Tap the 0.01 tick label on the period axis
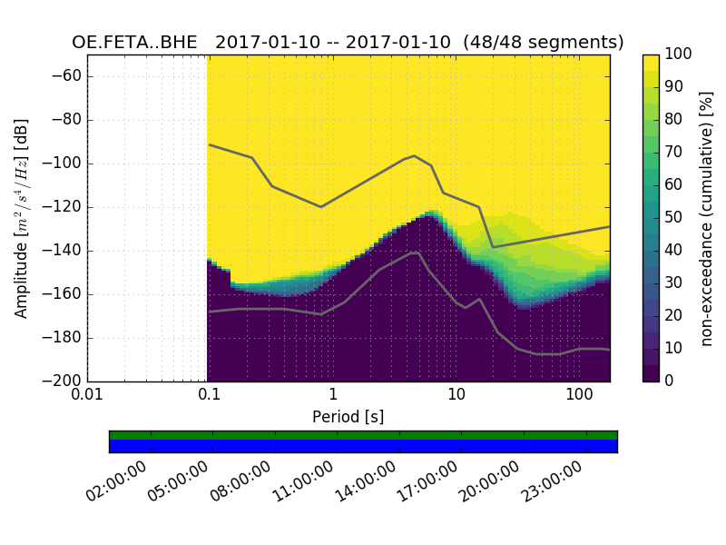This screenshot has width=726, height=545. (87, 397)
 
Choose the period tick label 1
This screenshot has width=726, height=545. (333, 397)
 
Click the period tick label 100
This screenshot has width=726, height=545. (579, 397)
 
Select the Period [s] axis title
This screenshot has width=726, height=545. (348, 417)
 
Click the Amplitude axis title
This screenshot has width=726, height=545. (22, 218)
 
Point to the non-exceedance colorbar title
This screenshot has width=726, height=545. (707, 218)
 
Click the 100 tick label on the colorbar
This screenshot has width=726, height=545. (679, 54)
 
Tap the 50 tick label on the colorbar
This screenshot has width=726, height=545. (675, 217)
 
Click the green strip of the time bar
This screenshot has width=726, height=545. (363, 435)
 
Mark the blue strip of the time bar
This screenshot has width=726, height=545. (363, 446)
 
